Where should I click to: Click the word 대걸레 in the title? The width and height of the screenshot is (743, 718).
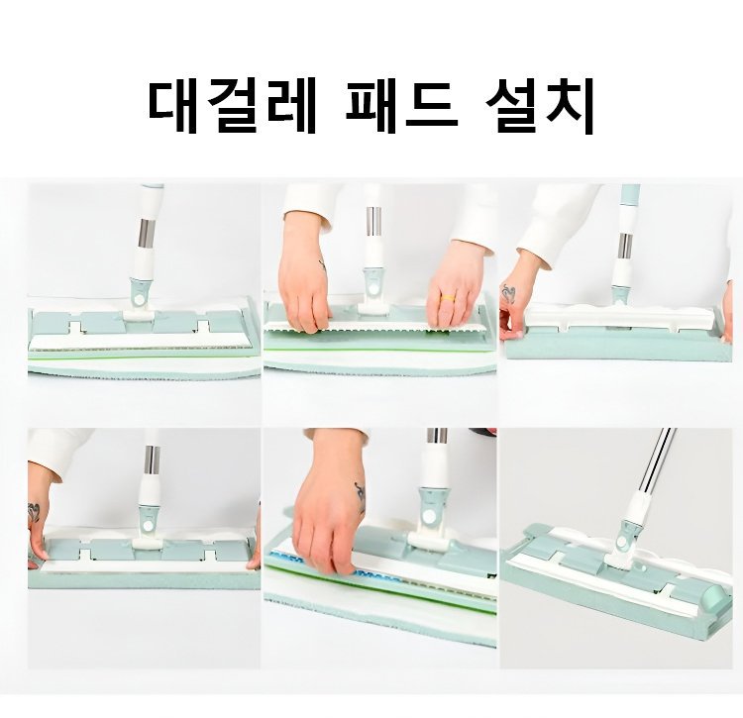point(232,108)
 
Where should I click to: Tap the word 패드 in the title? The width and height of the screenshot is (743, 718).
point(401,108)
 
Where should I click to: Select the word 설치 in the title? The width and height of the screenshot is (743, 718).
point(540,108)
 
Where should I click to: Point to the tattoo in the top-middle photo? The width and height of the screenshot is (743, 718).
point(322,265)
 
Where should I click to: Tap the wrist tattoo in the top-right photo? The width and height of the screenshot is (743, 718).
point(508,294)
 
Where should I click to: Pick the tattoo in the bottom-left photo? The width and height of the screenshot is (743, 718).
point(33,513)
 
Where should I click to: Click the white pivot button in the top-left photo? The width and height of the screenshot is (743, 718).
point(140,300)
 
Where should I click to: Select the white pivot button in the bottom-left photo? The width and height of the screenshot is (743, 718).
point(149,526)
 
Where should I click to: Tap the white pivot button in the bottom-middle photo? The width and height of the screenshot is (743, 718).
point(429,517)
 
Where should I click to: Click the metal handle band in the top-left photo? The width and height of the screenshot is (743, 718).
point(147,233)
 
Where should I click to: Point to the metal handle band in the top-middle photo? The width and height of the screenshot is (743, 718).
point(373,221)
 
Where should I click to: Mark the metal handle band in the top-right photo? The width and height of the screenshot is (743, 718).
point(626,247)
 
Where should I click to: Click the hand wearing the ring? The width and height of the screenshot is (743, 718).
point(452,286)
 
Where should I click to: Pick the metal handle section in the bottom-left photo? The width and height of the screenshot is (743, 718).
point(153,460)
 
